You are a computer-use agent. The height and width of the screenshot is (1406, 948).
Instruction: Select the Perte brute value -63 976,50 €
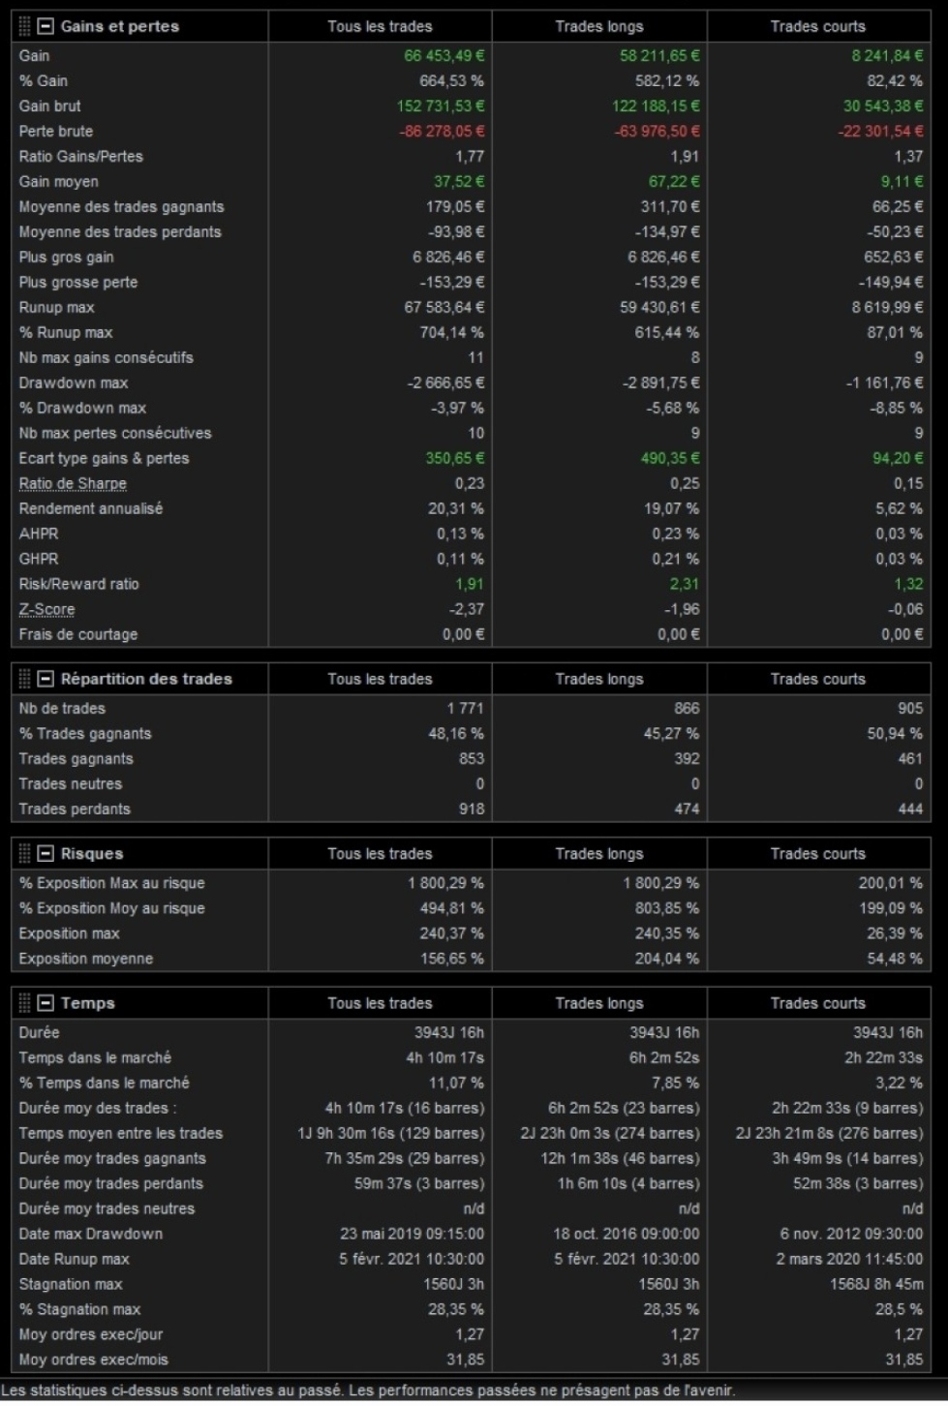pos(657,131)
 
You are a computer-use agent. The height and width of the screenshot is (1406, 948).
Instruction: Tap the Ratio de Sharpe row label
pos(73,483)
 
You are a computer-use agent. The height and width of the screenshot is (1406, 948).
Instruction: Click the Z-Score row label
pos(46,609)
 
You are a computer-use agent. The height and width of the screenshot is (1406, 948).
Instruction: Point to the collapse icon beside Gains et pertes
pos(46,26)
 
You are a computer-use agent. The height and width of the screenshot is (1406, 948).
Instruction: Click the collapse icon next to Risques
pos(46,853)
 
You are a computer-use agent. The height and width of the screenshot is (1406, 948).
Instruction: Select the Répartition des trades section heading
pos(146,679)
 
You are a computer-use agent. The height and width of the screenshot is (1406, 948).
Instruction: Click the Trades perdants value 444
pos(910,809)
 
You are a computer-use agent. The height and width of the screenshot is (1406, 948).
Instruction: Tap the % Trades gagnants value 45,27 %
pos(671,733)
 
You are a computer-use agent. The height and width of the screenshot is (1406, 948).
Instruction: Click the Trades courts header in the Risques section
pos(817,853)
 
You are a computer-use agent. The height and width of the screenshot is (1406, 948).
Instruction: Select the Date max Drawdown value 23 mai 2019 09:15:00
pos(412,1234)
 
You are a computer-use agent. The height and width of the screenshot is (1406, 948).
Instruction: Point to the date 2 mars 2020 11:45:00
pos(849,1259)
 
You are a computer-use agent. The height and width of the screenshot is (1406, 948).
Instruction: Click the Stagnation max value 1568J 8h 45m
pos(875,1284)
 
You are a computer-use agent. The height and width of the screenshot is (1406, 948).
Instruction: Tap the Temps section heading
pos(87,1003)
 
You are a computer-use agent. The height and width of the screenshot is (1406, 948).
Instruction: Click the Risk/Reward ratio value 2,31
pos(684,584)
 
